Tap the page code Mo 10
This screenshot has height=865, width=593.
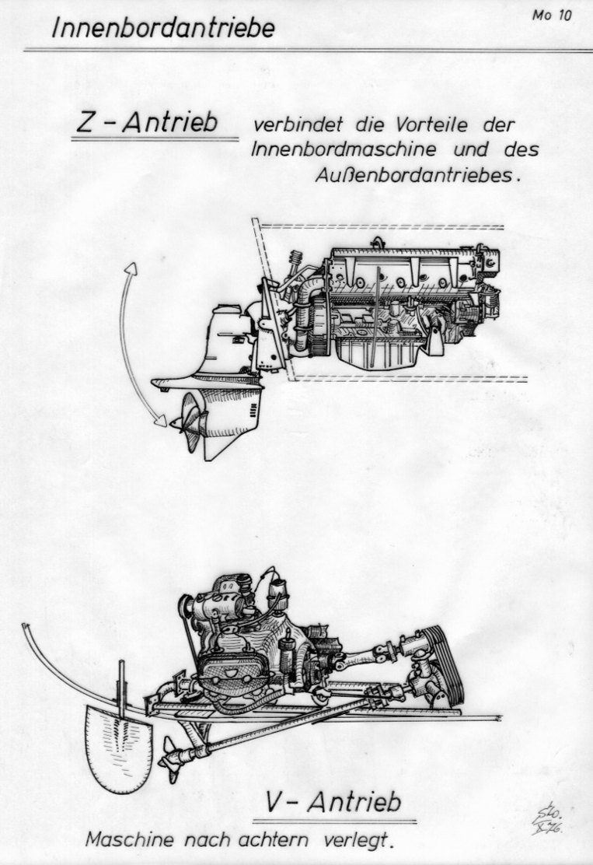tap(552, 16)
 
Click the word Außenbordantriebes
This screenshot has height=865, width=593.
tap(418, 176)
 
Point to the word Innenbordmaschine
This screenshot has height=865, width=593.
tap(344, 149)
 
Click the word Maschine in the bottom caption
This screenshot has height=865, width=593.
tap(130, 840)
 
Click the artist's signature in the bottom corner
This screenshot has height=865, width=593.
tap(545, 821)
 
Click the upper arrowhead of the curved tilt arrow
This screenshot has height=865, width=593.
tap(131, 268)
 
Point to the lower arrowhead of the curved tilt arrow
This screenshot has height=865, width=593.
tap(160, 420)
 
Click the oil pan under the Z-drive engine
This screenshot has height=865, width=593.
tap(378, 352)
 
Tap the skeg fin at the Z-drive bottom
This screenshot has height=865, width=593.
tap(216, 447)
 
